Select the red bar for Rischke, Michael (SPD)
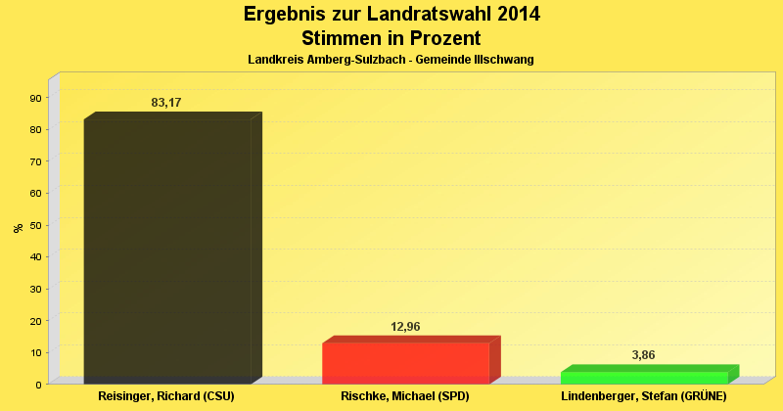tap(405, 363)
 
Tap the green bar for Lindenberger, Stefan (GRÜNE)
tap(644, 378)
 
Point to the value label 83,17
tap(166, 103)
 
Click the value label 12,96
tap(405, 327)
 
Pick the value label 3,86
tap(643, 355)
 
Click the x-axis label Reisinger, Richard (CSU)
tap(167, 397)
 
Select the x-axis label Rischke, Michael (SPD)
tap(405, 397)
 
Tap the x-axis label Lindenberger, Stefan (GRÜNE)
tap(644, 397)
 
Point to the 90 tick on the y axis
tap(36, 98)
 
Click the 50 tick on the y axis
tap(36, 225)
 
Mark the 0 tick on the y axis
tap(39, 385)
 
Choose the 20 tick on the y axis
tap(36, 321)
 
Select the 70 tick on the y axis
tap(36, 161)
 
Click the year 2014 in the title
tap(513, 15)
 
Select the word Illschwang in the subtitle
tap(501, 60)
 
